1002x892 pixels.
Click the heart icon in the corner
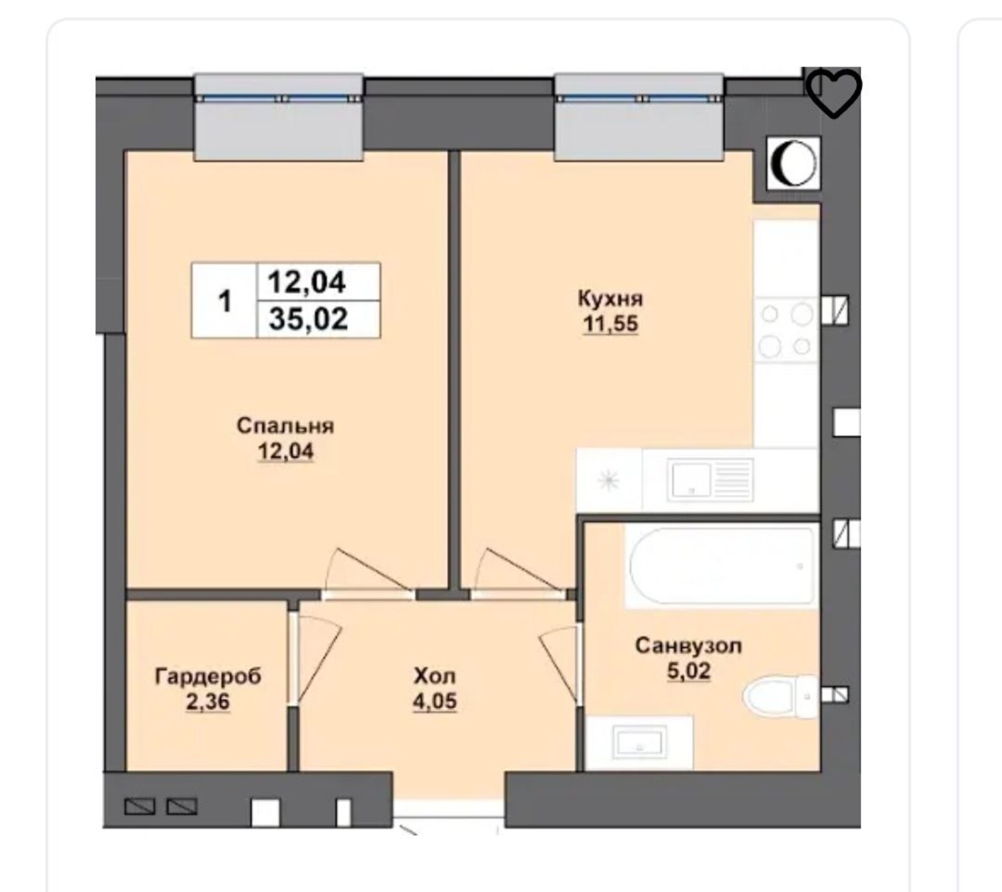834,93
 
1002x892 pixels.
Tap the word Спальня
286,427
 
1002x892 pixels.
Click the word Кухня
610,299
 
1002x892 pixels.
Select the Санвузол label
688,646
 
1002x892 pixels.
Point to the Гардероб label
208,677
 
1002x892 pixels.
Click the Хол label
435,677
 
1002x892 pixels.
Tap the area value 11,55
611,324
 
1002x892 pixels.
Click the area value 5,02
688,671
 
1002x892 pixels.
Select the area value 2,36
208,702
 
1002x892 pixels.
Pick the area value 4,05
435,702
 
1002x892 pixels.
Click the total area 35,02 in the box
307,319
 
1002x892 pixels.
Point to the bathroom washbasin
639,743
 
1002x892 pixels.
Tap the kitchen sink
710,480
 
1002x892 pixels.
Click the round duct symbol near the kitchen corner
793,163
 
